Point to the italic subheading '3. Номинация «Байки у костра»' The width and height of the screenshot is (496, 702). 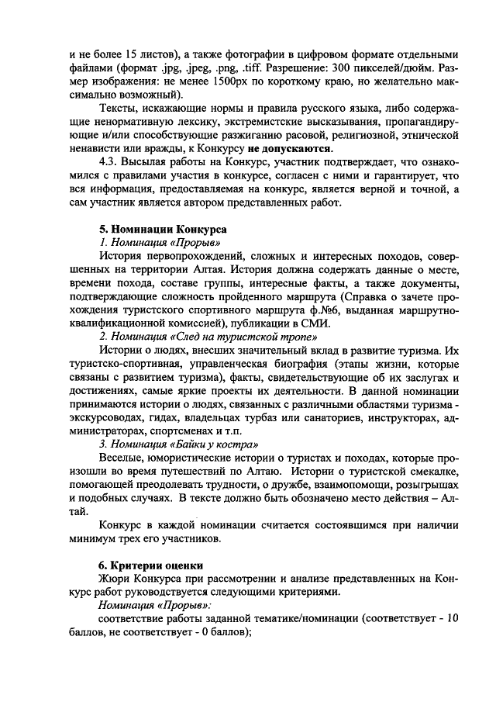coord(179,445)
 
